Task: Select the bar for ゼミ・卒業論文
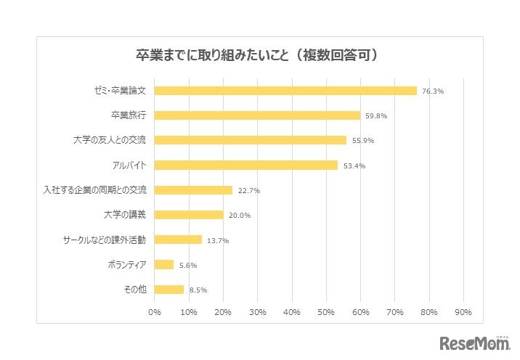click(x=285, y=91)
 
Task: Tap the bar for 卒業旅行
click(x=257, y=115)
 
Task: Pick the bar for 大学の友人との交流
click(x=251, y=140)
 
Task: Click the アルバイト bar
click(x=246, y=165)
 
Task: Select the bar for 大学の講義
click(x=189, y=215)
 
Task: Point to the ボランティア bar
click(x=164, y=264)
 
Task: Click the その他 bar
click(x=169, y=289)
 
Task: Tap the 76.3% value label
click(x=433, y=91)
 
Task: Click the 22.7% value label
click(x=249, y=190)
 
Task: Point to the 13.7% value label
click(x=218, y=240)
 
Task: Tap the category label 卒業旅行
click(x=129, y=115)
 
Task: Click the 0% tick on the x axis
click(x=155, y=312)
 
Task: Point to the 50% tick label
click(x=326, y=312)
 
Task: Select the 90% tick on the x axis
click(x=463, y=312)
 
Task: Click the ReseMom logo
click(x=473, y=343)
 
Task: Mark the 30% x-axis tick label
click(x=257, y=312)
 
